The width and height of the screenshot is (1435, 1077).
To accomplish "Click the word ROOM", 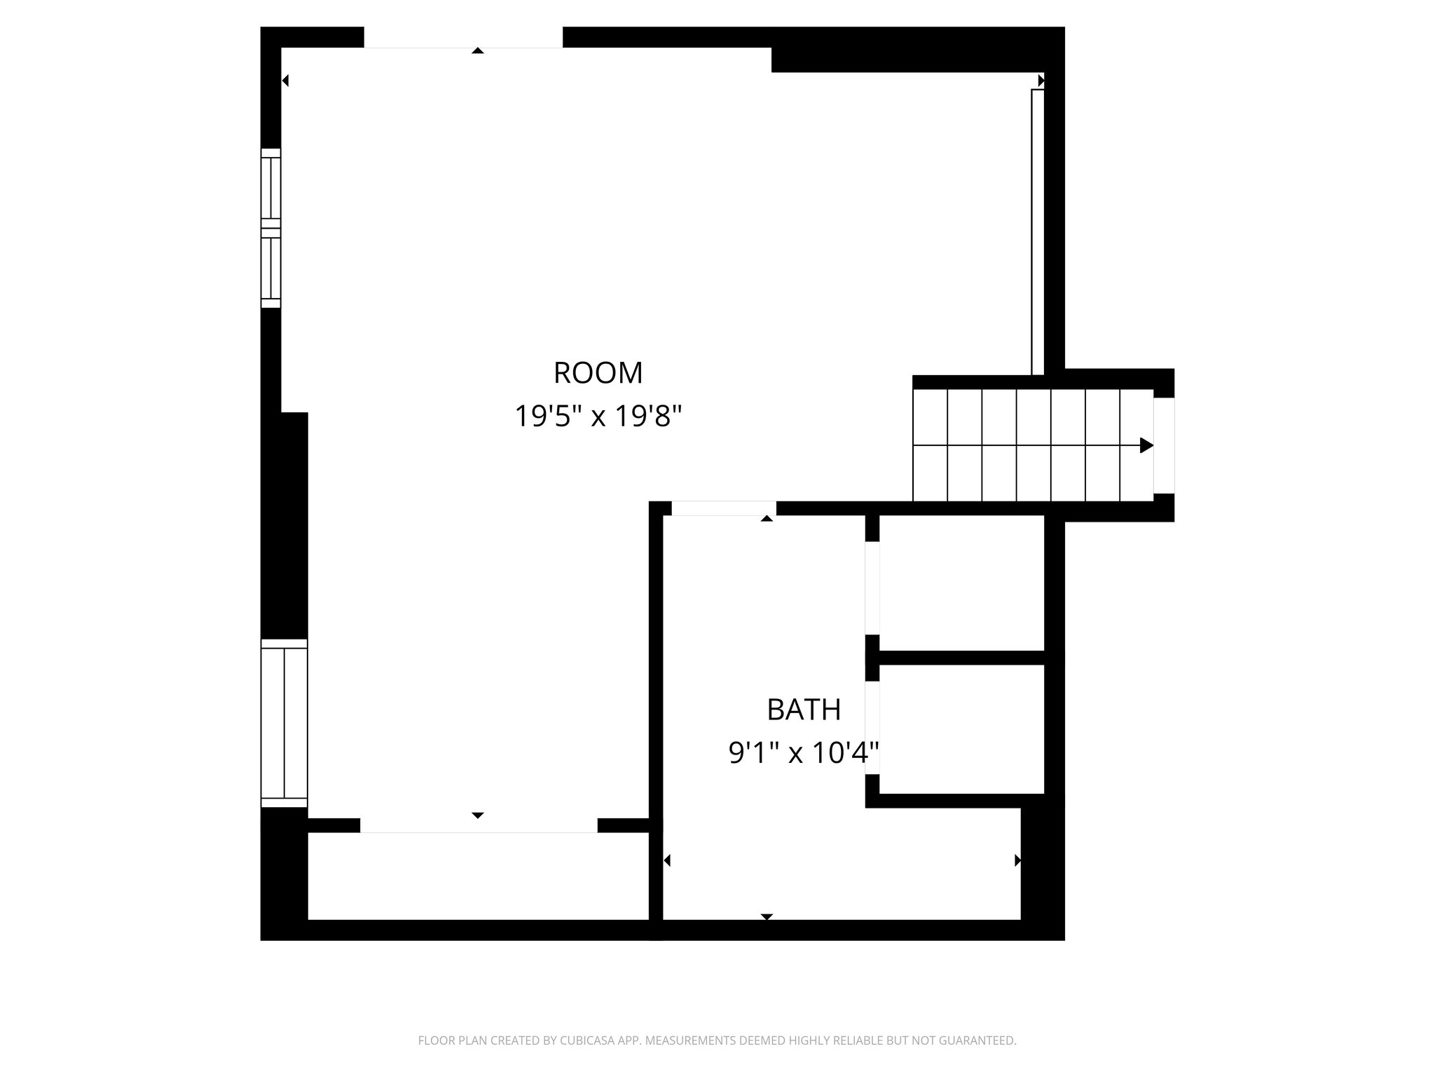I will click(x=598, y=373).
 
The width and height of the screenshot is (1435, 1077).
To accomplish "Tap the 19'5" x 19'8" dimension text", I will click(x=598, y=416).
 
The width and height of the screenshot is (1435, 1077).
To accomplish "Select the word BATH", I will click(x=804, y=710).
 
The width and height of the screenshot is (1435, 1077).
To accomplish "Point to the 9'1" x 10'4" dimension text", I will click(x=804, y=754).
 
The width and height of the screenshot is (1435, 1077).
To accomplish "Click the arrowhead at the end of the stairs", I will click(x=1146, y=445).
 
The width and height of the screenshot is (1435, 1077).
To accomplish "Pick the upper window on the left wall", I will click(x=270, y=228).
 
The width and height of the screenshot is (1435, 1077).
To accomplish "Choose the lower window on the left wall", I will click(x=284, y=723).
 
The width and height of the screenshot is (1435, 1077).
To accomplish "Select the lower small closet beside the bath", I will click(x=961, y=729).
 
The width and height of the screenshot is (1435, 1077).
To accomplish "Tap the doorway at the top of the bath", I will click(x=723, y=508).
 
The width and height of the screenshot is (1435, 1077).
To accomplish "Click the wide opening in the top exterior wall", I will click(x=463, y=37).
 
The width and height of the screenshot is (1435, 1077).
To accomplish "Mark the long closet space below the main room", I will click(x=478, y=876).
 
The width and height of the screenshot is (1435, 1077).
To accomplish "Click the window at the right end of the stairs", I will click(x=1163, y=445).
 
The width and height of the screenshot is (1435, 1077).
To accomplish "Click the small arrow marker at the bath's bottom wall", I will click(x=767, y=916).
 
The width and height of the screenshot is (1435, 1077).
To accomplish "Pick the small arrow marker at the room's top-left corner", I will click(x=285, y=81).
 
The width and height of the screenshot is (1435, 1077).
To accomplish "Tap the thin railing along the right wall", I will click(x=1038, y=231).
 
